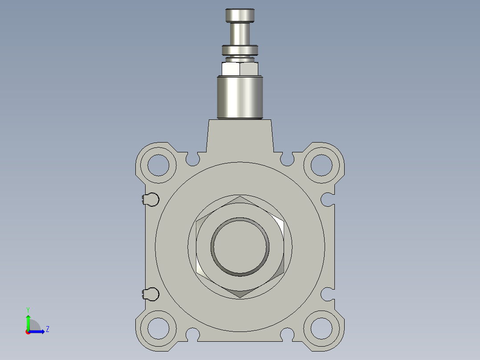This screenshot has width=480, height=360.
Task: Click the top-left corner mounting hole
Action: pyautogui.click(x=158, y=165)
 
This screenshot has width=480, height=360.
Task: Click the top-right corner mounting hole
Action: pyautogui.click(x=321, y=165)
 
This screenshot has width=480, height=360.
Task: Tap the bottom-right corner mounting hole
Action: pyautogui.click(x=321, y=328)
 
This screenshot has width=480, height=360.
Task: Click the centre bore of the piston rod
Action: pyautogui.click(x=240, y=246)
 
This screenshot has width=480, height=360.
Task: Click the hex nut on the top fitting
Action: pyautogui.click(x=240, y=69)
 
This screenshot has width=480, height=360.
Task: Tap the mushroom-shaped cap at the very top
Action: pyautogui.click(x=240, y=15)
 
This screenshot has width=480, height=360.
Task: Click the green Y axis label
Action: pyautogui.click(x=28, y=310)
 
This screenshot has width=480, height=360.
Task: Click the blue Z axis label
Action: pyautogui.click(x=47, y=329)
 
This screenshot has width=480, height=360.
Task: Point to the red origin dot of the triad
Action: pyautogui.click(x=28, y=332)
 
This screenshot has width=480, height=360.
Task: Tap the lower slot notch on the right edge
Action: pyautogui.click(x=328, y=294)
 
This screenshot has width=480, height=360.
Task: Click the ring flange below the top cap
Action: pyautogui.click(x=240, y=49)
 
